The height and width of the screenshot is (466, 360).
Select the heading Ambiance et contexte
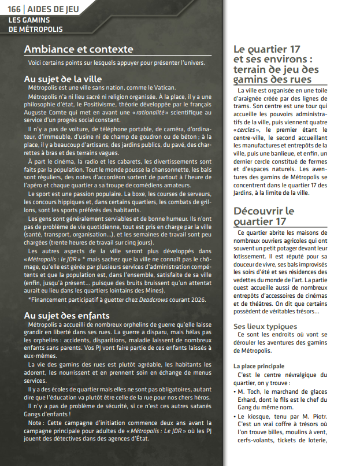(x=79, y=49)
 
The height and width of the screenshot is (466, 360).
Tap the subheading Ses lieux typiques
(x=265, y=327)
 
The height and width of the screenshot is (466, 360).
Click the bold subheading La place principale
(x=258, y=366)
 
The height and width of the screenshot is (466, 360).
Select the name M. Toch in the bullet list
(x=248, y=391)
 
